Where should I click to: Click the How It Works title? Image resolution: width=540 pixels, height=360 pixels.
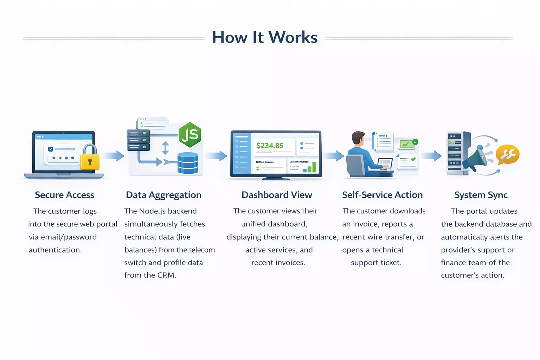(265, 37)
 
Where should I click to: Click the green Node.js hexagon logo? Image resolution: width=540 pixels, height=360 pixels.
(190, 135)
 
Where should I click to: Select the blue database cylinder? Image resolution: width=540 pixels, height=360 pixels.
(188, 163)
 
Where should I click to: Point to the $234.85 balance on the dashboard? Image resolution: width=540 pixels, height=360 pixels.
(270, 146)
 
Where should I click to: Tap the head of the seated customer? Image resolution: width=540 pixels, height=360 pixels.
(358, 138)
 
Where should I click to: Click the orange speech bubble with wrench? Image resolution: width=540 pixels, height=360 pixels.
(508, 154)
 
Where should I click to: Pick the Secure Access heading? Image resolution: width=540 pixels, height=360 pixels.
(65, 195)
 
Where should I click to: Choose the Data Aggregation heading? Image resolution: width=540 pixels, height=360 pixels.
(163, 195)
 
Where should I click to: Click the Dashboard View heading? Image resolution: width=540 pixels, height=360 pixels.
(277, 195)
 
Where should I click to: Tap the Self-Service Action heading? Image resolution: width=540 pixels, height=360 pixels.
(382, 195)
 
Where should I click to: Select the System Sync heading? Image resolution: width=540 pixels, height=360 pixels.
(481, 195)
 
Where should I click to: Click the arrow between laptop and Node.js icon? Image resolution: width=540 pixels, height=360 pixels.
(114, 156)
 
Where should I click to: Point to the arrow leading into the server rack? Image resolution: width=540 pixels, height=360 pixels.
(431, 156)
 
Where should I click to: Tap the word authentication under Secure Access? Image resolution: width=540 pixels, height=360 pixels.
(55, 250)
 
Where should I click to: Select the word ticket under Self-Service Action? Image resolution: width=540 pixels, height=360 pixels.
(391, 263)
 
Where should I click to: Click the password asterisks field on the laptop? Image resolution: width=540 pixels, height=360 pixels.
(63, 158)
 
